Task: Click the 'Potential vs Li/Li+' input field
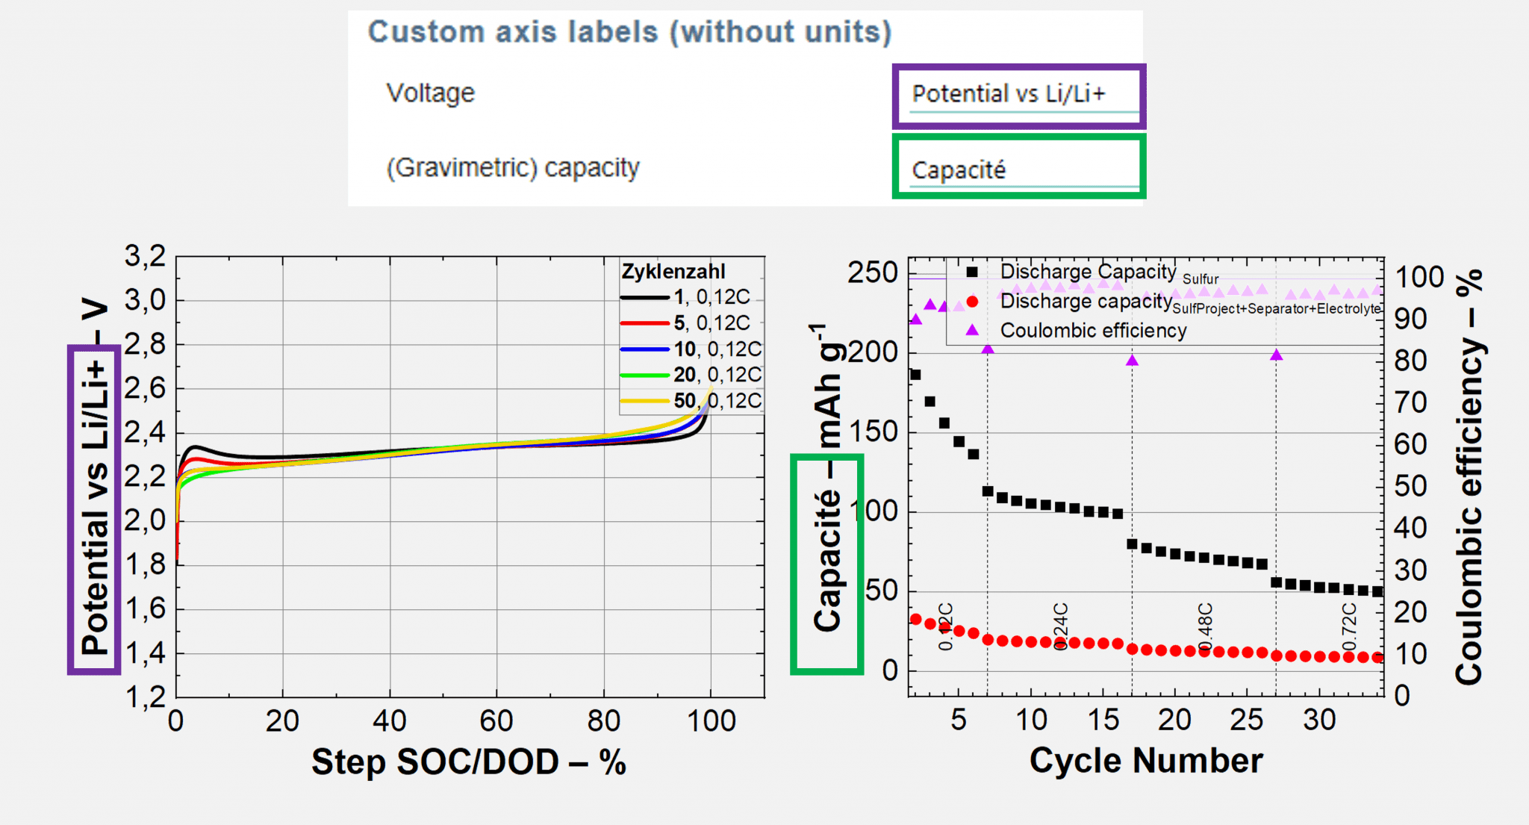point(1018,96)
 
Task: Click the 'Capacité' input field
point(1018,169)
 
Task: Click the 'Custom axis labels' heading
point(629,32)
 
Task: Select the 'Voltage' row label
point(430,93)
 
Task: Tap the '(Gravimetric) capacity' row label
point(512,168)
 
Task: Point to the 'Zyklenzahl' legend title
point(673,272)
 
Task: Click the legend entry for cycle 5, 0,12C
point(685,323)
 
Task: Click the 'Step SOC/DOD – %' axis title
point(468,762)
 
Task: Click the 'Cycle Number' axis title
point(1145,761)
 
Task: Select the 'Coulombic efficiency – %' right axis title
point(1469,478)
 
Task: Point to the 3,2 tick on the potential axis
point(145,256)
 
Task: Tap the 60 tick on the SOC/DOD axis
point(496,721)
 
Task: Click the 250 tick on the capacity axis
point(872,273)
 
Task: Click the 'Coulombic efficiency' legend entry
point(1092,331)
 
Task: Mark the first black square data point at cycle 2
point(915,375)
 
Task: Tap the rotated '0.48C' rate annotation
point(1204,627)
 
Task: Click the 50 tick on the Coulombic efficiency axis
point(1410,487)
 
